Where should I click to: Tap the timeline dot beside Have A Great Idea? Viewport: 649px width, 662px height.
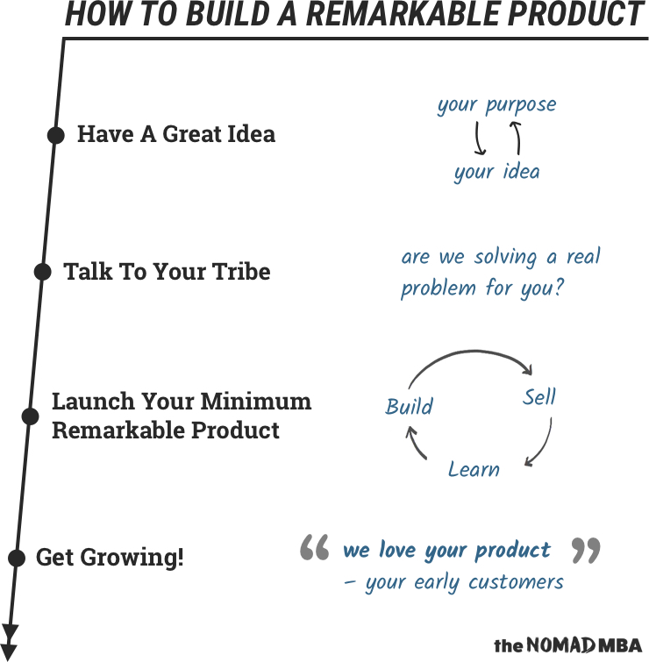tap(56, 136)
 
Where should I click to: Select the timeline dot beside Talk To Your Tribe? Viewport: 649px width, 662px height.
tap(43, 272)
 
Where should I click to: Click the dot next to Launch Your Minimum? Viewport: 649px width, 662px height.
tap(30, 416)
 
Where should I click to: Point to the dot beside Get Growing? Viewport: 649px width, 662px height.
tap(17, 559)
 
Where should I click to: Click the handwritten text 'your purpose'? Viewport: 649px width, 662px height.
tap(497, 104)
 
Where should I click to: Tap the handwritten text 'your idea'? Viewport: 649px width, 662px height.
tap(497, 171)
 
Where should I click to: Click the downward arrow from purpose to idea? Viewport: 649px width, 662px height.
tap(478, 138)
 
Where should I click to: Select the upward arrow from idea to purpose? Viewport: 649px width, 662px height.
tap(517, 138)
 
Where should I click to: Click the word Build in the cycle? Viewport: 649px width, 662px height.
tap(410, 407)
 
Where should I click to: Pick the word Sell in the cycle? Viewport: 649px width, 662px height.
tap(539, 397)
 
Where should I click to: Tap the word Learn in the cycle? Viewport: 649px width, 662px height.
tap(474, 469)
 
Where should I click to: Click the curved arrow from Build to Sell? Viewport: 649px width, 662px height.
tap(473, 352)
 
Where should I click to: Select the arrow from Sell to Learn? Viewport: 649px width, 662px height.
tap(545, 446)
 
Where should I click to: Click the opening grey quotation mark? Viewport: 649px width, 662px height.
tap(315, 547)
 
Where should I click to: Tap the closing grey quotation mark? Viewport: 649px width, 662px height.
tap(586, 550)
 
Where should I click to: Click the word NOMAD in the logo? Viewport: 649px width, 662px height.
tap(560, 645)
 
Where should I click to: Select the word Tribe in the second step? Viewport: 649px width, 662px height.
tap(241, 272)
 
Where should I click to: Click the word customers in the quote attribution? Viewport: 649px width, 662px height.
tap(516, 582)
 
